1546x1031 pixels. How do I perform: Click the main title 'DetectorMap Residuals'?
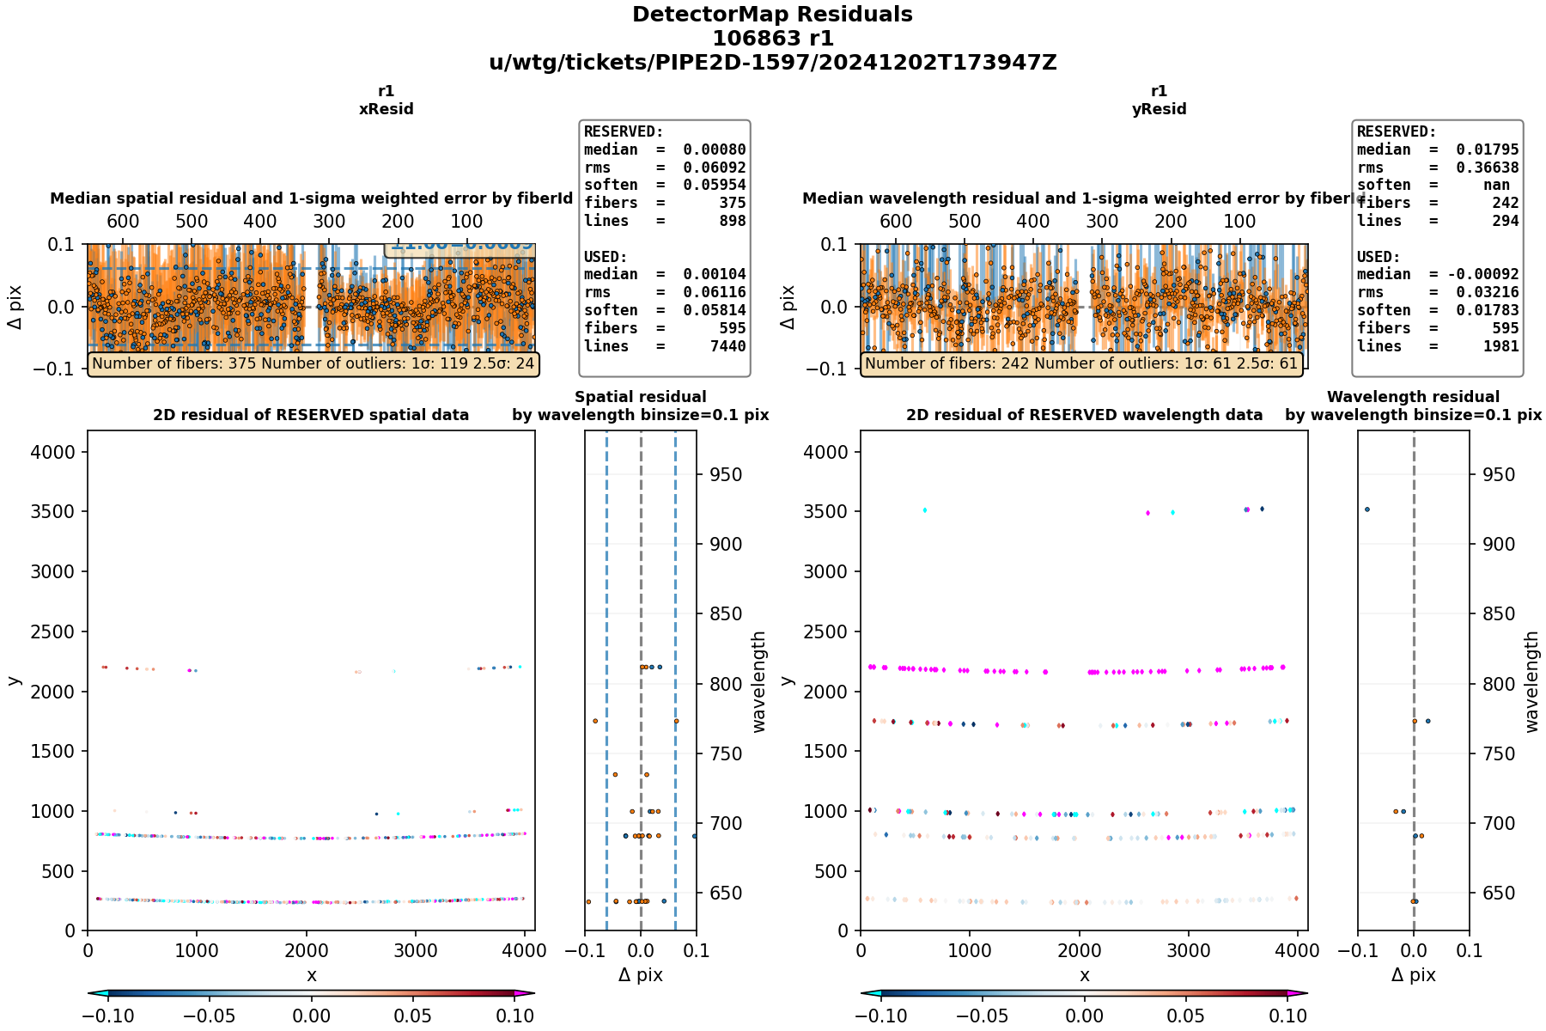tap(772, 15)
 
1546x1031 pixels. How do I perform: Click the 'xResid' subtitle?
tap(386, 109)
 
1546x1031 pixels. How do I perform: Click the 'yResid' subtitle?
tap(1159, 109)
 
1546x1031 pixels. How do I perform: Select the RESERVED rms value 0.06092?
tap(714, 168)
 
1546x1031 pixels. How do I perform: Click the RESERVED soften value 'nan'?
tap(1495, 185)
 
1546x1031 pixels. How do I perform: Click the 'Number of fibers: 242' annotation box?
tap(1081, 364)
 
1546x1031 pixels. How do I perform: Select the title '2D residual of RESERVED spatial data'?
tap(311, 415)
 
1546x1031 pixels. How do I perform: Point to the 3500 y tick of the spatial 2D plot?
tap(58, 511)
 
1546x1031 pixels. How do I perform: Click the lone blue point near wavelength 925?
tap(1367, 509)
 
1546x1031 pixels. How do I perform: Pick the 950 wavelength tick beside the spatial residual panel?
tap(725, 474)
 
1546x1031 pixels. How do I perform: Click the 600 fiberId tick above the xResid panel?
tap(123, 222)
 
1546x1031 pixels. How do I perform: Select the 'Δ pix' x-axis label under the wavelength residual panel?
tap(1413, 975)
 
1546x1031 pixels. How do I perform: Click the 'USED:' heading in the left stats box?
tap(606, 257)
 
